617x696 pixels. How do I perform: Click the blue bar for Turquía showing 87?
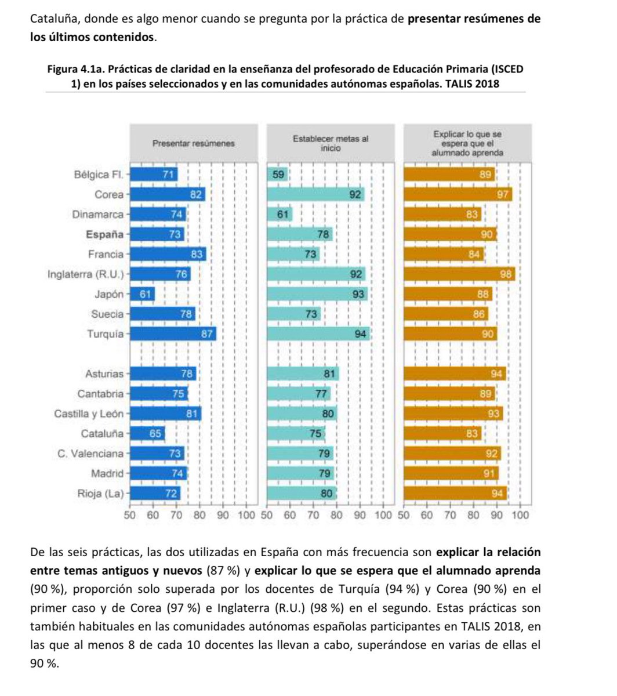coord(172,334)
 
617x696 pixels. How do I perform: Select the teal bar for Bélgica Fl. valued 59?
coord(277,175)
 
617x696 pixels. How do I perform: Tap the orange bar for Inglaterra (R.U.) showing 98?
coord(459,274)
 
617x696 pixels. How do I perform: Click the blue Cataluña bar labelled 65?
coord(147,434)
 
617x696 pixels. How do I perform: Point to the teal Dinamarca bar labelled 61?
coord(279,215)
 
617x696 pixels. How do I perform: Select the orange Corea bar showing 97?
coord(458,195)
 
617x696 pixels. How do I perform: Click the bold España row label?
coord(104,235)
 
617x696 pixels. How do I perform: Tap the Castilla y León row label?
coord(89,414)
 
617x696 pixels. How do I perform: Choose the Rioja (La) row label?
coord(100,494)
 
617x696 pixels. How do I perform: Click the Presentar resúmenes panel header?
coord(193,143)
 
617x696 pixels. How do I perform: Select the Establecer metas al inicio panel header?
coord(330,143)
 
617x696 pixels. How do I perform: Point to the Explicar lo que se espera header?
coord(467,143)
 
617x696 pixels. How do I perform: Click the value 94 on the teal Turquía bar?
coord(361,334)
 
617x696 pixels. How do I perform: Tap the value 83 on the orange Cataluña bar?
coord(472,434)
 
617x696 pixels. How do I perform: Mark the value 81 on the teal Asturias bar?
coord(330,374)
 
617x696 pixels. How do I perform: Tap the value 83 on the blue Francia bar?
coord(197,255)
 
